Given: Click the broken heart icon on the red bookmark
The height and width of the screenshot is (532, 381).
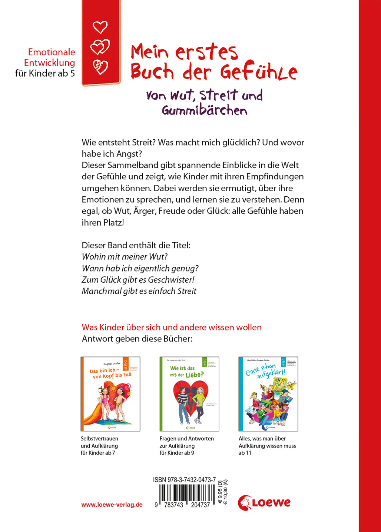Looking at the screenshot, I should (100, 67).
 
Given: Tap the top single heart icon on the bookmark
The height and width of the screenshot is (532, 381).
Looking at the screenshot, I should (100, 27).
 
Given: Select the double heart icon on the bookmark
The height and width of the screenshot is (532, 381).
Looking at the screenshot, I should (100, 47).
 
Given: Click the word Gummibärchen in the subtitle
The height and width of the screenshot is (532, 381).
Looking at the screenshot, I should (204, 110).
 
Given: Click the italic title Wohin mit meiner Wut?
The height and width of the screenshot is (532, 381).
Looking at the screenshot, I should (125, 257).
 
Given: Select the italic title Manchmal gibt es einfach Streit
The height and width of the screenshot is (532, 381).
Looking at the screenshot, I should (139, 291).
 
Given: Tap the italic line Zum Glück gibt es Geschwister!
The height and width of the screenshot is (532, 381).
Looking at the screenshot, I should (138, 280).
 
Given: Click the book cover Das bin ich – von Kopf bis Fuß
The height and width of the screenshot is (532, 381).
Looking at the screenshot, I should (110, 394).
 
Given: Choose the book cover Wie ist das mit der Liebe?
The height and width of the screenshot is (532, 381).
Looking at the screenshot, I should (189, 394).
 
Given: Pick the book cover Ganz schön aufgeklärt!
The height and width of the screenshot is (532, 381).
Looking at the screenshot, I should (268, 394).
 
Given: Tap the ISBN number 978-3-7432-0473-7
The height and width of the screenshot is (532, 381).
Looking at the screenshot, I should (184, 480).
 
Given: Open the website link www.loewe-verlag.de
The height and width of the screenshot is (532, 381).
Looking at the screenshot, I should (112, 505).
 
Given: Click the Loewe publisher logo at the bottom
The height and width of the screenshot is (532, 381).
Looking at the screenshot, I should (264, 502).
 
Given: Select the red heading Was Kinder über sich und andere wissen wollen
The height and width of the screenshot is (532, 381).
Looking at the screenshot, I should (172, 327).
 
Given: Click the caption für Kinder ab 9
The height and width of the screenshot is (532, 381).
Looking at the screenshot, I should (177, 453).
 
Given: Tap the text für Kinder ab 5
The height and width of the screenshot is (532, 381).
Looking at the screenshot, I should (45, 73).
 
